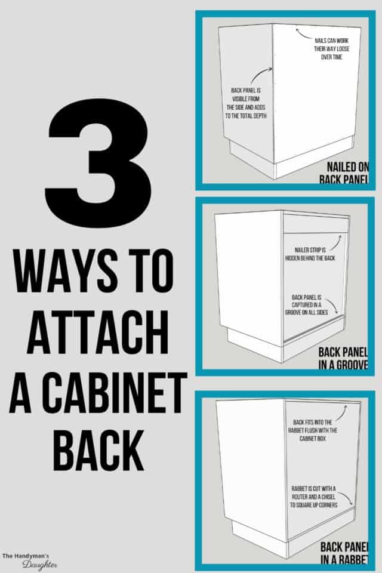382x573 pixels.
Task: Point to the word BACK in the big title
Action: tap(99, 449)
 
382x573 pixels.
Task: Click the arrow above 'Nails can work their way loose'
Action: tap(304, 30)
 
